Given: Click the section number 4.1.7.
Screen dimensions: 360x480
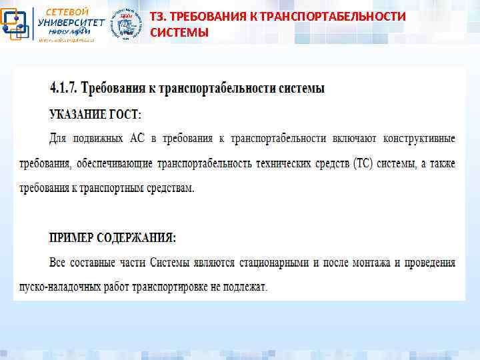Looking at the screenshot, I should pos(64,88).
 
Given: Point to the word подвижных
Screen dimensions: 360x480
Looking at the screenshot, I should pos(98,139).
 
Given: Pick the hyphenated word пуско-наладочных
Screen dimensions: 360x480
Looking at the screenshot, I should pos(88,287).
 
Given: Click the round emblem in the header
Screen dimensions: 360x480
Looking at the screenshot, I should pos(125,25).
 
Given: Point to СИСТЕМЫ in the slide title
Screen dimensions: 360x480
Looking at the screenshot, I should pos(179,32).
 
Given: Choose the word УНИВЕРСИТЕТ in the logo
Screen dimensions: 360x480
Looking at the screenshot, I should pos(71,23).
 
